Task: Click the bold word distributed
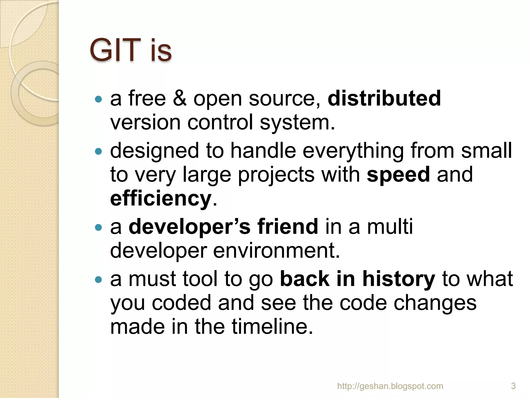point(384,98)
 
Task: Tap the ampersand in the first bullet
point(179,98)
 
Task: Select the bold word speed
point(398,175)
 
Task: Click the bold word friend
point(288,226)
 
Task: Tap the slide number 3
point(513,386)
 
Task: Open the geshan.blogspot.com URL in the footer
point(390,386)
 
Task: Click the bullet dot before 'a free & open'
point(99,99)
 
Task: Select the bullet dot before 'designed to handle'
point(99,151)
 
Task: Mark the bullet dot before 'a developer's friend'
point(99,227)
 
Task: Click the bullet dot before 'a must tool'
point(99,280)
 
